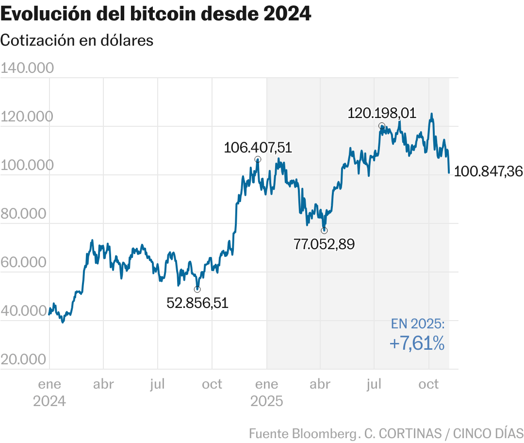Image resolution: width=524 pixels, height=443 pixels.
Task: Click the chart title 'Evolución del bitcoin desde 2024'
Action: coord(156,15)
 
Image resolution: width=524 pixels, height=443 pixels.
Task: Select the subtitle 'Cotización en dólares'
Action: coord(77,40)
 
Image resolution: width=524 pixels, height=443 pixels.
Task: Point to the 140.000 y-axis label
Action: coord(27,68)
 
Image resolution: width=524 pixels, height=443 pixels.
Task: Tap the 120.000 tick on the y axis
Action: coord(27,117)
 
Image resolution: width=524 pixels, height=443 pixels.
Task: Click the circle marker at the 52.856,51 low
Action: coord(197,290)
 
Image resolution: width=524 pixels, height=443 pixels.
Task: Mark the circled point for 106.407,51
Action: coord(258,159)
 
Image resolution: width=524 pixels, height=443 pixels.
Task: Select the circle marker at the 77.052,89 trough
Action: coord(324,230)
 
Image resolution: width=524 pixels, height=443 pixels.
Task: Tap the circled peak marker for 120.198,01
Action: coord(382,126)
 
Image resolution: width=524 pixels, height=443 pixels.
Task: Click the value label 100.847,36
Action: coord(488,171)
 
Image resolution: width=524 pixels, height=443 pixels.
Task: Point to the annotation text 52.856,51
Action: coord(197,304)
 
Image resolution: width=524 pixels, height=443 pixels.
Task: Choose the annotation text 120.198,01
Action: coord(382,113)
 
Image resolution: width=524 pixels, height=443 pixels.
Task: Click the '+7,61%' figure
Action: coord(417,344)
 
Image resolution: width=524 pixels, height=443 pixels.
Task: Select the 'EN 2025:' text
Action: coord(418,324)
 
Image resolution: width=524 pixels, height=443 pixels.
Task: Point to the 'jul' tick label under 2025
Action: coord(374,385)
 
